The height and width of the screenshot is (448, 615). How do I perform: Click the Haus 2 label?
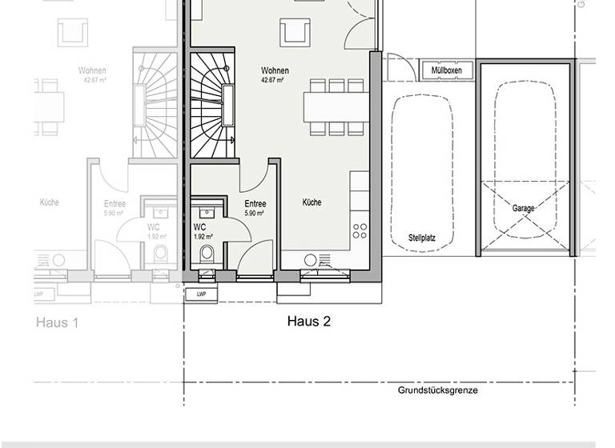[x=309, y=322]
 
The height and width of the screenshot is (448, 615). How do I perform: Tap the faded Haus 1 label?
[x=57, y=323]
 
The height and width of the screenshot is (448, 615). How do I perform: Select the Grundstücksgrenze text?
[x=438, y=390]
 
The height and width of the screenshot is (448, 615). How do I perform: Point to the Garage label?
[x=524, y=209]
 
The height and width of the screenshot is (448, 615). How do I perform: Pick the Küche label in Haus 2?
[x=312, y=203]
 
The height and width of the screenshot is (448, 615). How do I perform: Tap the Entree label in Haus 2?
[x=255, y=204]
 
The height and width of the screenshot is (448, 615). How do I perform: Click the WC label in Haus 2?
[x=199, y=227]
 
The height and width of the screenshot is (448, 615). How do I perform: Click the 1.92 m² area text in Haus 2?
[x=203, y=237]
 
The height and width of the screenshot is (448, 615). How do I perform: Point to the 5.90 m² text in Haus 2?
[x=255, y=214]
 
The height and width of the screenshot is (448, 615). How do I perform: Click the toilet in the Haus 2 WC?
[x=207, y=255]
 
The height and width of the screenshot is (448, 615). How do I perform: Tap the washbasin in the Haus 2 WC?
[x=207, y=213]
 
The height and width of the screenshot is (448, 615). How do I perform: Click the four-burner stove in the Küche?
[x=360, y=232]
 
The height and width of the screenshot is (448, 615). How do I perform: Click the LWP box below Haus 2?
[x=197, y=294]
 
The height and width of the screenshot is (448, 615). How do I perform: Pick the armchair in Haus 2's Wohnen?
[x=295, y=33]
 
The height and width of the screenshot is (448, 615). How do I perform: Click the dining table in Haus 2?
[x=336, y=105]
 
